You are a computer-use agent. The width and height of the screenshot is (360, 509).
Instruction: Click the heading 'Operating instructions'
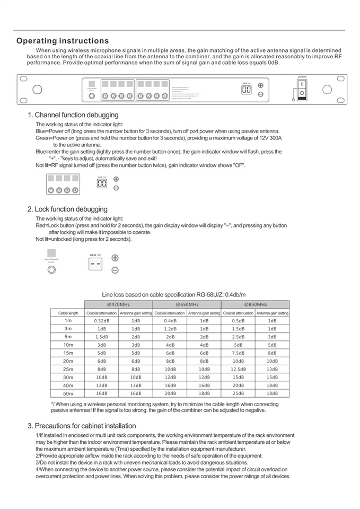(x=63, y=41)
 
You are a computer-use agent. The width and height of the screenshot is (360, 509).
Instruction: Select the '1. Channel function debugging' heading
(x=73, y=115)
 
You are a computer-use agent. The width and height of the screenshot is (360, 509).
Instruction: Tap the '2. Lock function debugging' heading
(x=67, y=209)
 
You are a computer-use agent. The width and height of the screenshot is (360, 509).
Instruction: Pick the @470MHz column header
(x=118, y=304)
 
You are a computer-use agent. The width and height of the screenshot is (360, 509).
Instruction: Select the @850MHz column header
(x=255, y=304)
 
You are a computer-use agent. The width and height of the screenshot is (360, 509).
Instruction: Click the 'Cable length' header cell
(x=68, y=313)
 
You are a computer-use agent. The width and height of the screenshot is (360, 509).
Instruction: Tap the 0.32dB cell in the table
(x=101, y=321)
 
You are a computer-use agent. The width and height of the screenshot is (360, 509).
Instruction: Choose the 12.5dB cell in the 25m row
(x=238, y=369)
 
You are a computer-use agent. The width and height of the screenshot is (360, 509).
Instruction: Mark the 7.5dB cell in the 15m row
(x=238, y=353)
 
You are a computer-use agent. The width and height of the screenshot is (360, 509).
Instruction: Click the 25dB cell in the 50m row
(x=238, y=393)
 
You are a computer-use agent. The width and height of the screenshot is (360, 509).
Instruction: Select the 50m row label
(x=68, y=393)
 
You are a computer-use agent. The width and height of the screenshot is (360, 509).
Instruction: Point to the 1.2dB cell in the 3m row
(x=170, y=329)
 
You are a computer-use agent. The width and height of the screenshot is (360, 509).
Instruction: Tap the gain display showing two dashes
(x=95, y=264)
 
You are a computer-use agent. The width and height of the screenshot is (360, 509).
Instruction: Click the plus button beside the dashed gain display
(x=115, y=258)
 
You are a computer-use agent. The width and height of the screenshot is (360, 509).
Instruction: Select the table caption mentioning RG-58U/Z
(x=173, y=295)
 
